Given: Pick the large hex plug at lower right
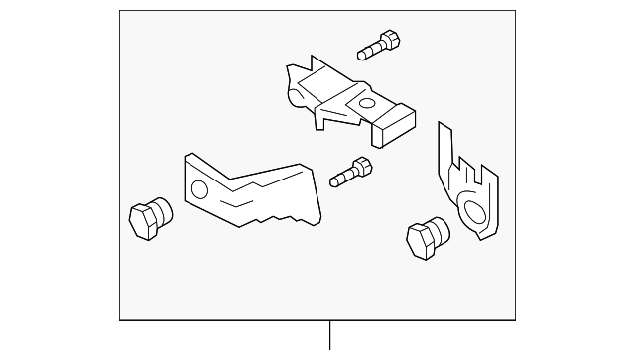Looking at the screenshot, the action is click(x=426, y=237).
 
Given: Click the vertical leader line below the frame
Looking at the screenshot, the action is click(x=331, y=336).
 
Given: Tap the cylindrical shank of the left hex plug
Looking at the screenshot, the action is click(x=162, y=208).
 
